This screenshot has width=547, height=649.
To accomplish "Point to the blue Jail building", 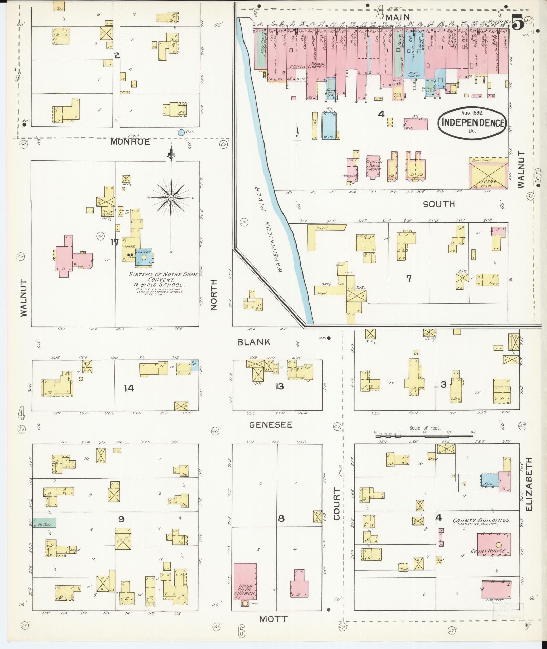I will [x=489, y=481].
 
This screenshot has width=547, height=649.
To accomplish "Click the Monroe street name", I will [x=130, y=142].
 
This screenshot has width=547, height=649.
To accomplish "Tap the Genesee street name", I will [x=271, y=424].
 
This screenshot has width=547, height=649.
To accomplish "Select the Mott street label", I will [x=273, y=619].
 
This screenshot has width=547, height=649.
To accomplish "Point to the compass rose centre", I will [x=171, y=197].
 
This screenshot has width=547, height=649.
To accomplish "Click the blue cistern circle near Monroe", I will [x=181, y=132].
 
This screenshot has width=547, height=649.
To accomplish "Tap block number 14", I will [x=129, y=388].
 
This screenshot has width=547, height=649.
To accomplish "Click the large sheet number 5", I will [x=517, y=24].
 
